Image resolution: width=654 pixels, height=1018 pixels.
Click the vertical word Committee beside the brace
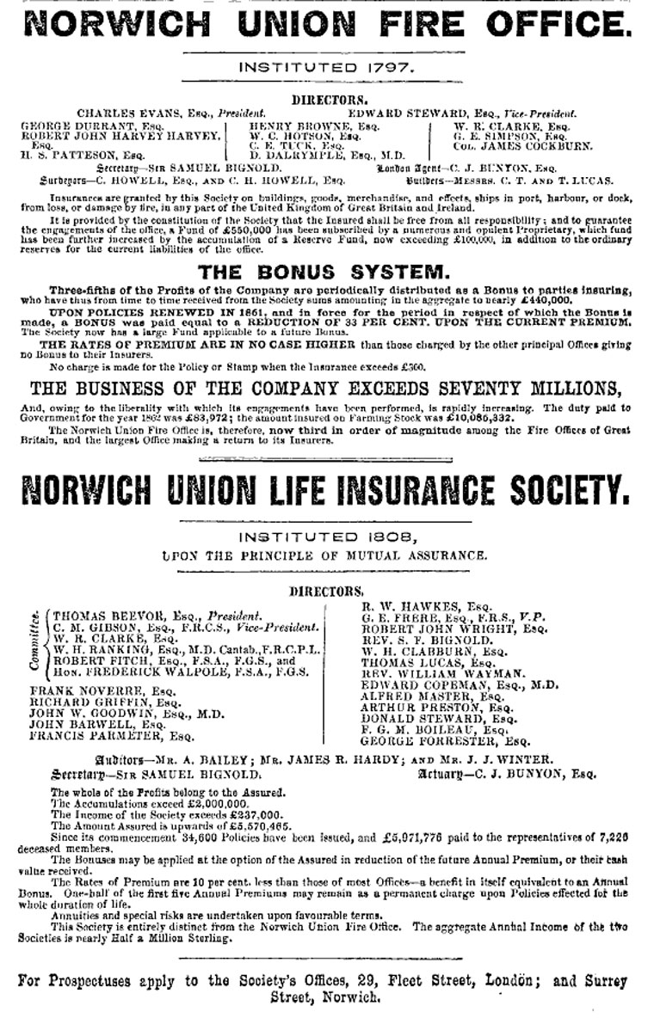click(34, 641)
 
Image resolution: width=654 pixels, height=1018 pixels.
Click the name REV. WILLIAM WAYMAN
click(429, 674)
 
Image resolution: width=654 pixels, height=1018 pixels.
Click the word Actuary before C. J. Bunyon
click(446, 773)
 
